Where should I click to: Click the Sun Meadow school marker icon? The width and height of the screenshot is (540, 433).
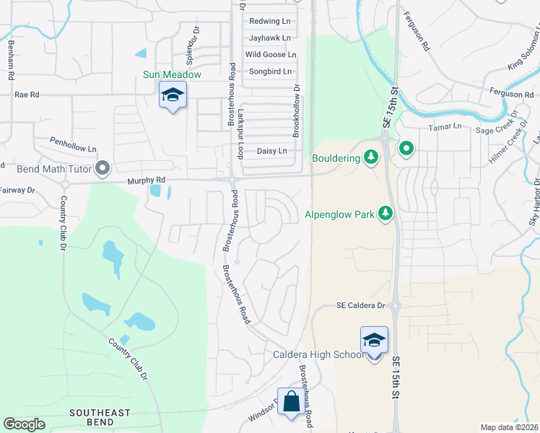[x=173, y=95]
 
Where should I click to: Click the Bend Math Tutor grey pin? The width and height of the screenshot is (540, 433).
[x=103, y=169]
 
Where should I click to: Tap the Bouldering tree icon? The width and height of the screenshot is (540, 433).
[x=370, y=157]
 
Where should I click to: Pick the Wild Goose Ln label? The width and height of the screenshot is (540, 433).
[x=271, y=54]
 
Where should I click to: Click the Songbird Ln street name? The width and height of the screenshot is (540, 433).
[x=270, y=71]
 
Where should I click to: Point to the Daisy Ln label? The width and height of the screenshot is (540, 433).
[x=272, y=151]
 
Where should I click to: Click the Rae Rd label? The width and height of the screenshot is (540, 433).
[x=26, y=95]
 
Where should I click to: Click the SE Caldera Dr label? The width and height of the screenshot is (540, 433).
[x=361, y=306]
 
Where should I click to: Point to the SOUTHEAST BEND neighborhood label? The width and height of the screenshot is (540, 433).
[x=100, y=416]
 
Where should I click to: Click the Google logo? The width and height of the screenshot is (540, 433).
[x=24, y=424]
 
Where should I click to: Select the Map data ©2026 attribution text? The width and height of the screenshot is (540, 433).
[x=509, y=427]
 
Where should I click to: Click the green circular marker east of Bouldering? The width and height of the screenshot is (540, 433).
[x=406, y=149]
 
